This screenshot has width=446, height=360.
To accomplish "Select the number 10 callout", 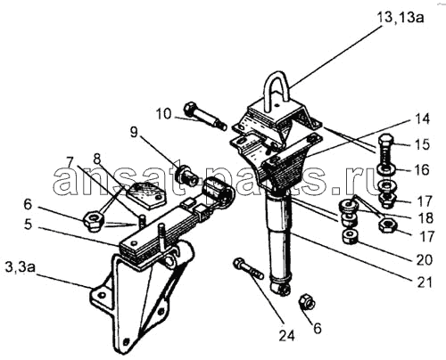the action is (x=164, y=114).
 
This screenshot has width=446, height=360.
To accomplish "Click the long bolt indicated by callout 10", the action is (x=205, y=116).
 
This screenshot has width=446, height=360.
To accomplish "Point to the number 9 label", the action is (x=135, y=133).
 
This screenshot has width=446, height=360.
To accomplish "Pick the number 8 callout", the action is (x=97, y=159).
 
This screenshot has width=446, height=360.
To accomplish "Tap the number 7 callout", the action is (x=70, y=162).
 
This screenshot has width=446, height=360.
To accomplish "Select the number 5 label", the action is (x=28, y=225).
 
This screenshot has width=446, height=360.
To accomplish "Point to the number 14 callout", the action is (x=422, y=119).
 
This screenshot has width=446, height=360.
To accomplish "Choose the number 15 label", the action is (x=422, y=144).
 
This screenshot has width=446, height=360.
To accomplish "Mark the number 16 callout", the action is (x=422, y=170).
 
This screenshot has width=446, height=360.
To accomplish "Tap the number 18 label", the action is (x=426, y=217).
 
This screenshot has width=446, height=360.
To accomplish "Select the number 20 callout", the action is (x=425, y=259).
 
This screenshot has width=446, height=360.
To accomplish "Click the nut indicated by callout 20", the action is (x=349, y=237).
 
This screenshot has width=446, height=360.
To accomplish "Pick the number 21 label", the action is (x=424, y=282).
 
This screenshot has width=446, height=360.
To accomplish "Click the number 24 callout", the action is (x=286, y=336).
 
